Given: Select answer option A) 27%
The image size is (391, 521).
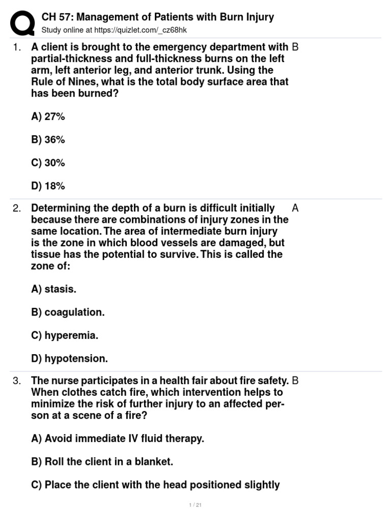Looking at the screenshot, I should pos(48,117).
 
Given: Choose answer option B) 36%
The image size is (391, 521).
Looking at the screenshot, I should pos(48,140).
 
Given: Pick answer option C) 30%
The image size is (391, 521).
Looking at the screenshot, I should pos(48,163).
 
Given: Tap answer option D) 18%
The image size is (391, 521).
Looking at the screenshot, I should pos(48,186).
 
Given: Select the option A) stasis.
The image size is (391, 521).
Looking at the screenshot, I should pos(53,289).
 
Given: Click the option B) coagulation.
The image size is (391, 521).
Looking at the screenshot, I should pos(68,312).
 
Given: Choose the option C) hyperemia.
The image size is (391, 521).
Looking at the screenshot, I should pos(65,336).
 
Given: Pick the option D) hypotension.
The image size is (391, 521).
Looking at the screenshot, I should pos(69,359).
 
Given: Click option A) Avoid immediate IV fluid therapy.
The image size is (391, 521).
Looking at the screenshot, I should pos(117,439).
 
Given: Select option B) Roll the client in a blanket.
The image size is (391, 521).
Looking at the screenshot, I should pos(102,462).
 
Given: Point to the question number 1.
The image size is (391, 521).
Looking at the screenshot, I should pos(17,47).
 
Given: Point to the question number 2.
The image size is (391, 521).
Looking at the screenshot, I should pos(17,208).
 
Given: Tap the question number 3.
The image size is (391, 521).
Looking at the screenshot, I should pos(17,381).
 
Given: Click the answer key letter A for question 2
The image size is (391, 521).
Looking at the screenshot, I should pos(295,208).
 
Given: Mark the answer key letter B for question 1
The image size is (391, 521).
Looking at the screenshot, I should pos(295,47).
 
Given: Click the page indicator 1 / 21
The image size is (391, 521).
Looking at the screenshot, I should pos(195,505).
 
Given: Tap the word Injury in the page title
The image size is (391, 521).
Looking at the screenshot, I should pos(259,17).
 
